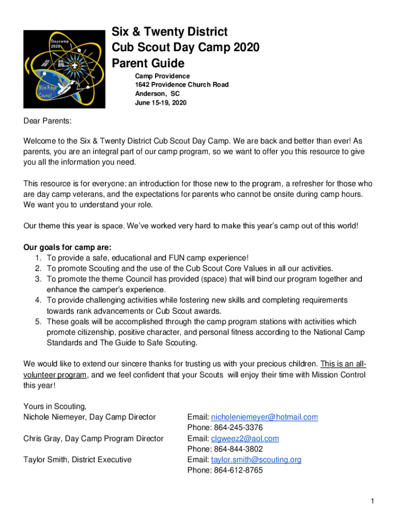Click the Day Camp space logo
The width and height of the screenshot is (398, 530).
pyautogui.click(x=64, y=69)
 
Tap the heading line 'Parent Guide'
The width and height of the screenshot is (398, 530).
pyautogui.click(x=148, y=64)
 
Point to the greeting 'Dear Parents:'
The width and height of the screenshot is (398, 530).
pyautogui.click(x=48, y=121)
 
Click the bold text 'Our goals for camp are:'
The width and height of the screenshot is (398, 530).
pyautogui.click(x=68, y=247)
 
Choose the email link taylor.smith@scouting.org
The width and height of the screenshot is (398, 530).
pyautogui.click(x=256, y=460)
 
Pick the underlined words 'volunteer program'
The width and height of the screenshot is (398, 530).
pyautogui.click(x=55, y=375)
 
